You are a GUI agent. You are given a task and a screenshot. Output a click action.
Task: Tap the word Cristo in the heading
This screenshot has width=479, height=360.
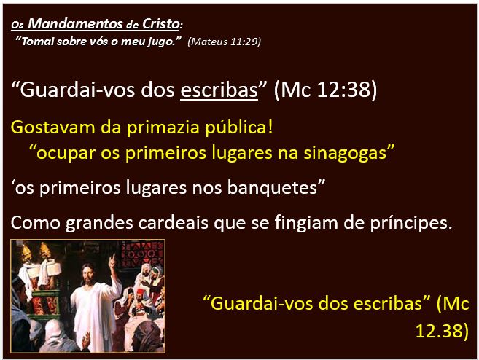[x=161, y=23]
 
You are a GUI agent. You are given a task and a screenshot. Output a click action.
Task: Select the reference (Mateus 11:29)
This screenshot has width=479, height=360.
[x=225, y=42]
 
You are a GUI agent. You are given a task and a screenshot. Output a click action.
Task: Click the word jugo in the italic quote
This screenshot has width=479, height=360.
[x=165, y=42]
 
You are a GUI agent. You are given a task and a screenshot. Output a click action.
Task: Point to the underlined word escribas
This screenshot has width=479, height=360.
[x=219, y=90]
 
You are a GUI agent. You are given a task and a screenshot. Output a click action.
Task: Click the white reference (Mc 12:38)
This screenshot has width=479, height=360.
[x=325, y=90]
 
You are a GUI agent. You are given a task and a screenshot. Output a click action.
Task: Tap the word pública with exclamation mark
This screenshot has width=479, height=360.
[x=239, y=128]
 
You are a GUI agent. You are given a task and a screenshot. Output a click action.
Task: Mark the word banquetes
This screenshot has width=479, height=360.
[x=273, y=187]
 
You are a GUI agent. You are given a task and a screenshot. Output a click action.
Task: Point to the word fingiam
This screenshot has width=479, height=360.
[x=306, y=222]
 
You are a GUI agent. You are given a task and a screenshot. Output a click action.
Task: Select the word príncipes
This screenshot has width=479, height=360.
[x=411, y=223]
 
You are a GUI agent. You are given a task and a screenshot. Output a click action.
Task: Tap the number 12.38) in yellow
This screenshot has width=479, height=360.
[x=442, y=330]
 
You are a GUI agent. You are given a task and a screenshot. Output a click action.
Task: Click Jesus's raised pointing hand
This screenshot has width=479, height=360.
[x=112, y=260]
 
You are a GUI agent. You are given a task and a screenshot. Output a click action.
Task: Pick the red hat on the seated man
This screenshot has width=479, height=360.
[x=141, y=292]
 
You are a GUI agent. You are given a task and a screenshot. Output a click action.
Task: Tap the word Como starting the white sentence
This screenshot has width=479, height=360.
[x=35, y=222]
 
